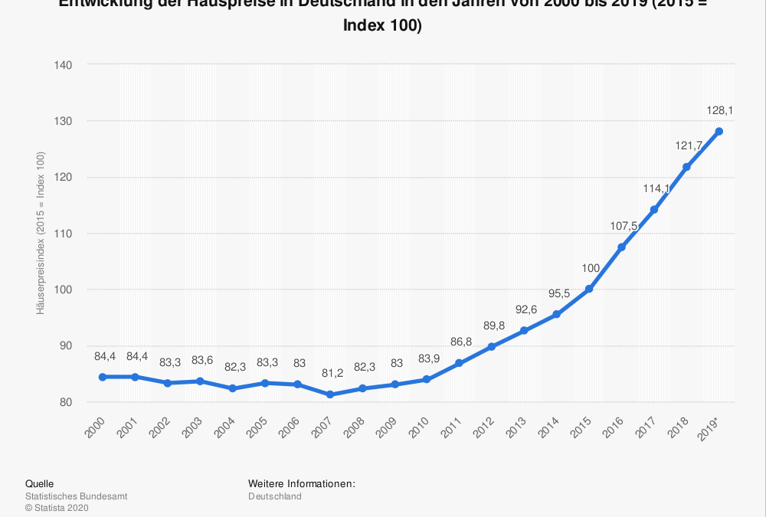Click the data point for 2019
[719, 131]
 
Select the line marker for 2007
[329, 394]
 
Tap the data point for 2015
[589, 289]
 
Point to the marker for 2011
[459, 363]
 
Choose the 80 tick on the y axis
[66, 402]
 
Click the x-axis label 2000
[95, 429]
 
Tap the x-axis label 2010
[420, 429]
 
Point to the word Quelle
[40, 484]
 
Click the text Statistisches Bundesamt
[76, 496]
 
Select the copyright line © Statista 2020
[57, 507]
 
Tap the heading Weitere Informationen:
[302, 484]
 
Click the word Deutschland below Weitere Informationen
[275, 496]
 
